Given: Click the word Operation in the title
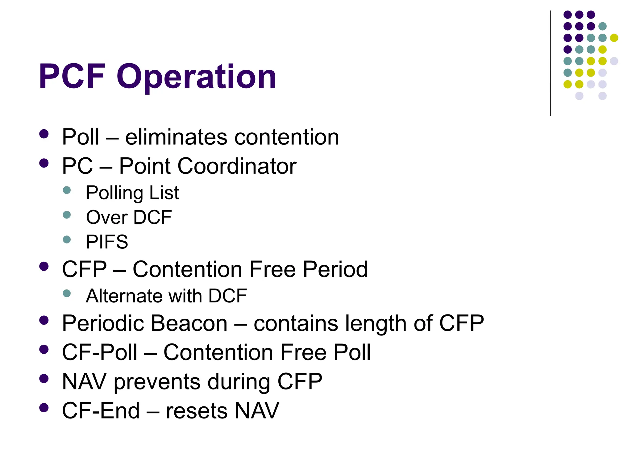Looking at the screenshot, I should tap(196, 77).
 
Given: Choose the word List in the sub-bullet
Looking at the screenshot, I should tap(164, 193).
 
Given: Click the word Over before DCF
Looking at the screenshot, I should tap(106, 217).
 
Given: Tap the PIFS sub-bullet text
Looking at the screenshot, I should tap(107, 242).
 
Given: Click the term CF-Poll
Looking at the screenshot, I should tap(100, 352).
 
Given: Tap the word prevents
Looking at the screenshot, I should tap(157, 382).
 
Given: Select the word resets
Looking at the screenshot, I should tap(197, 411).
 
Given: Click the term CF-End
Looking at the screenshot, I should tap(101, 411).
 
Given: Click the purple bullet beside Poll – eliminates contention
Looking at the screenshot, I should tap(44, 134).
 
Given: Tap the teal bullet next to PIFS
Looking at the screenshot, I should tap(67, 239).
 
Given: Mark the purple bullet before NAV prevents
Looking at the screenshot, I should tap(44, 379).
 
